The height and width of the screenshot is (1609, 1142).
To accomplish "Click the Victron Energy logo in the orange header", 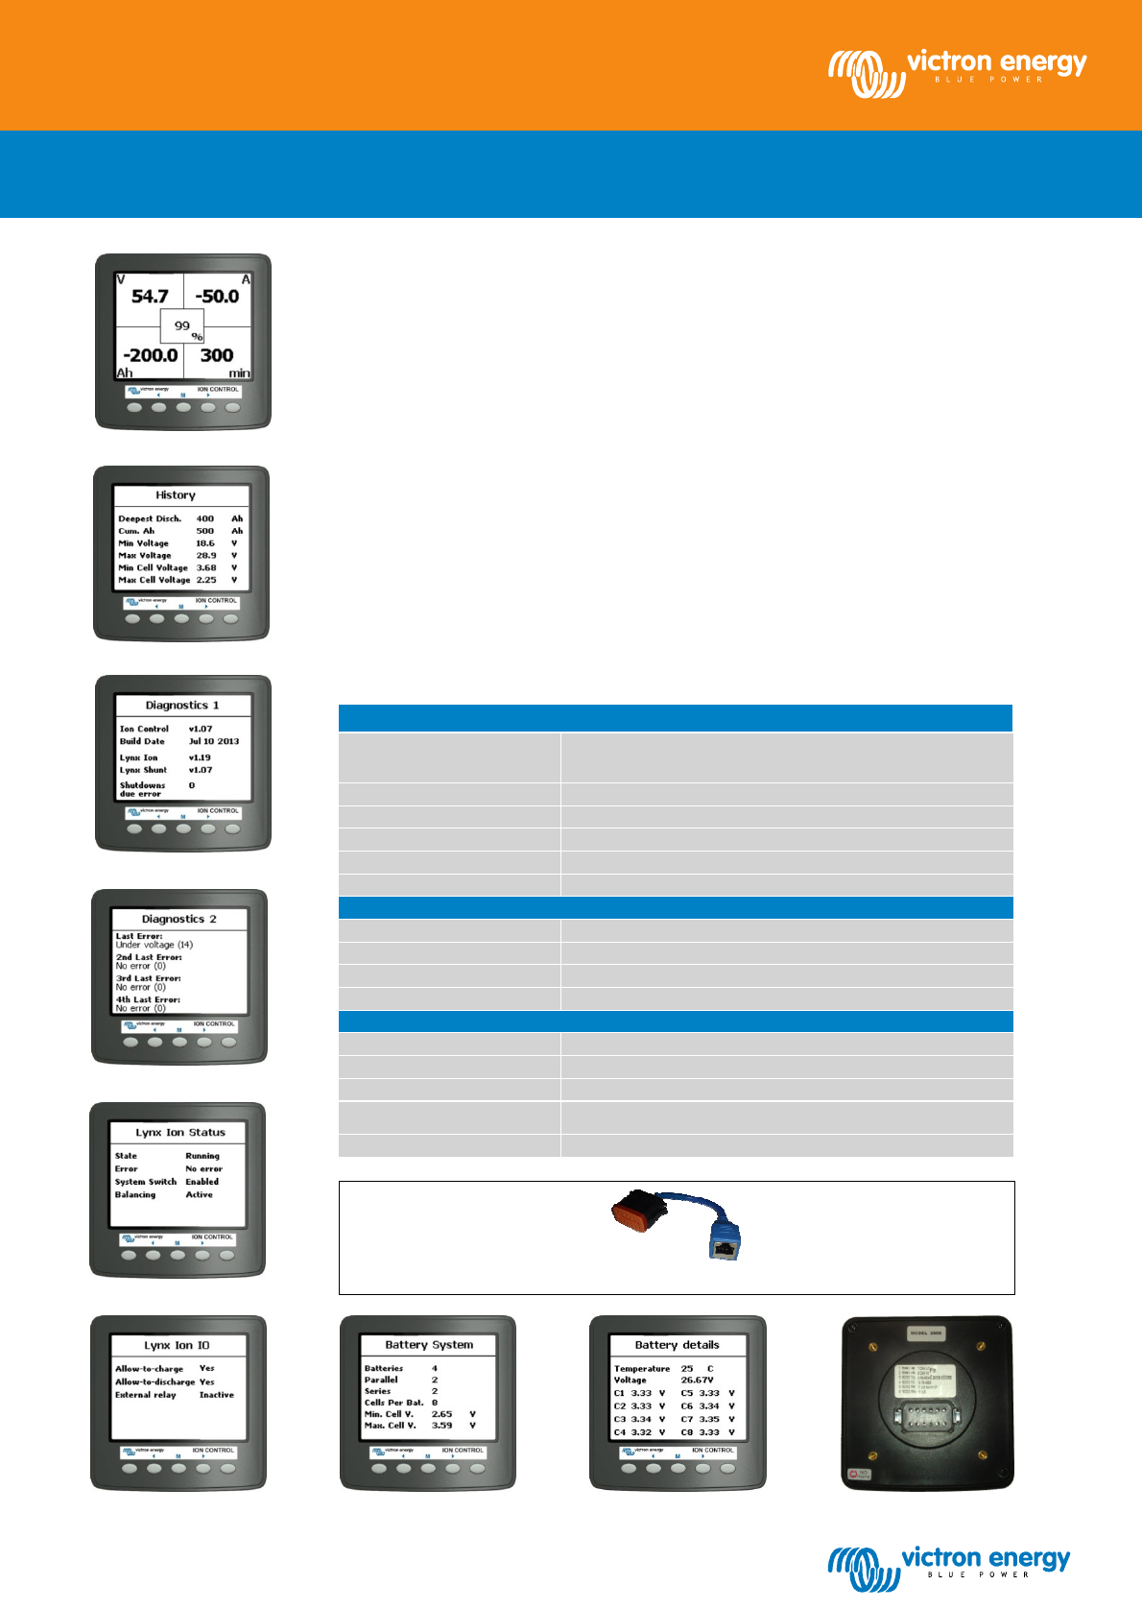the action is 958,72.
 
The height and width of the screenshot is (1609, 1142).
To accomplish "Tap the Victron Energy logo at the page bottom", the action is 948,1569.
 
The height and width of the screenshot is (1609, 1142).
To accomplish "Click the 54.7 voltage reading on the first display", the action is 150,297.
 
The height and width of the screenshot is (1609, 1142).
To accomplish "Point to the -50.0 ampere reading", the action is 217,297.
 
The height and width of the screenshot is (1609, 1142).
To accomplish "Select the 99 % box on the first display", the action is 182,326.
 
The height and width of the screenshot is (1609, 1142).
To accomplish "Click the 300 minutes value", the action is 217,355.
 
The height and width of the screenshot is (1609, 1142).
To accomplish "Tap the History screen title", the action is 176,495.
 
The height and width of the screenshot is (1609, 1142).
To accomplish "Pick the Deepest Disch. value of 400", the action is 205,518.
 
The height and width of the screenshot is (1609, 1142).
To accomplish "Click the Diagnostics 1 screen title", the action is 182,706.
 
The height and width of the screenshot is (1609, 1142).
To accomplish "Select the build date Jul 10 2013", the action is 214,741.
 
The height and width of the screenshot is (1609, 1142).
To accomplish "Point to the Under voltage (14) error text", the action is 155,945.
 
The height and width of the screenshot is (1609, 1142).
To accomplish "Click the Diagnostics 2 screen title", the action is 179,920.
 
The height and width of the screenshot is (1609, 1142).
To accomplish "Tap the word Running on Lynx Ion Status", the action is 202,1156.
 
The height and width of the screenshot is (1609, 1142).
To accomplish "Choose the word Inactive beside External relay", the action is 217,1395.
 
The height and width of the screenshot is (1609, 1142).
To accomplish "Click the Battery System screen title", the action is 429,1345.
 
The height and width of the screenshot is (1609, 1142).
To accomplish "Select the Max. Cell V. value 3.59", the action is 441,1426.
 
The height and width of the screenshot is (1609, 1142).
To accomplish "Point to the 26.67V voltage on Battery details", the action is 698,1380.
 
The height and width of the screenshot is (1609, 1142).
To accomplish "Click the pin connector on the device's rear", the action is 926,1416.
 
